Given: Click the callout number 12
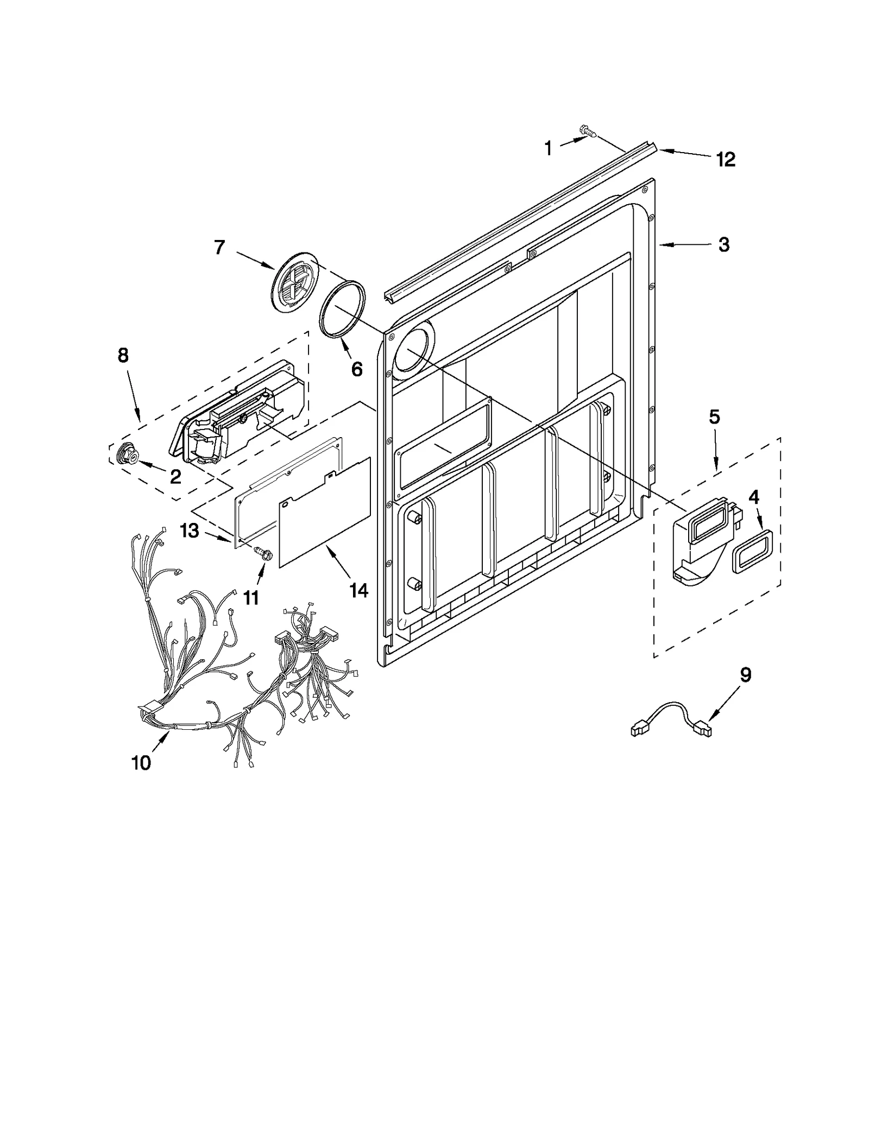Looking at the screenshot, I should pyautogui.click(x=726, y=160).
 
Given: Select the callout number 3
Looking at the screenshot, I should pyautogui.click(x=723, y=245).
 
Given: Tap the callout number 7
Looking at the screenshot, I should pyautogui.click(x=219, y=248).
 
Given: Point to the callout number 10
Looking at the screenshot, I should pyautogui.click(x=141, y=763).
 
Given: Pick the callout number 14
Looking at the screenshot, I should pyautogui.click(x=358, y=590).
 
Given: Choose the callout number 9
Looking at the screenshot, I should pyautogui.click(x=746, y=675).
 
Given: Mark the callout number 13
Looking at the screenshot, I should pyautogui.click(x=190, y=531).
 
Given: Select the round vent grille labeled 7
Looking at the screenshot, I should pyautogui.click(x=293, y=285).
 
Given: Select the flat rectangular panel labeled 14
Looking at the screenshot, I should pyautogui.click(x=325, y=513).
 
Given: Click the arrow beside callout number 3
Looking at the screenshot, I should pyautogui.click(x=684, y=245).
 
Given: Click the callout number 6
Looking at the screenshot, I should pyautogui.click(x=356, y=369).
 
